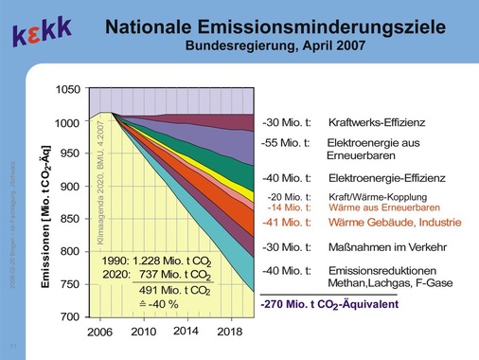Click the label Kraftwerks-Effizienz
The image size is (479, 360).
tap(376, 123)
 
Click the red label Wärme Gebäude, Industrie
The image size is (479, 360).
tap(389, 224)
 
